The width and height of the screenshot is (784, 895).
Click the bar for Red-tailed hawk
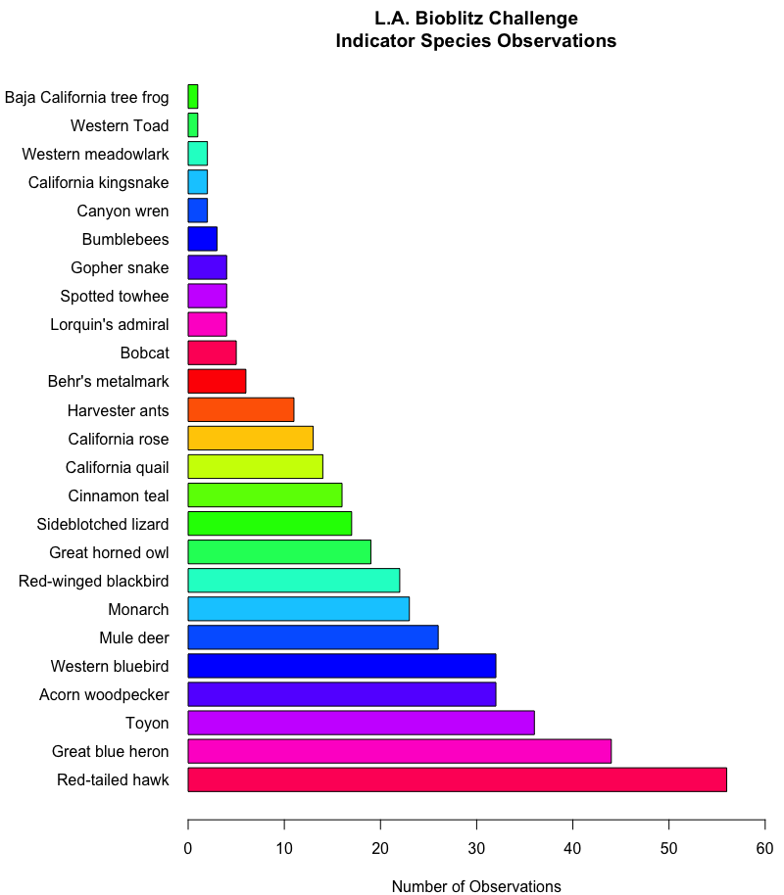click(457, 779)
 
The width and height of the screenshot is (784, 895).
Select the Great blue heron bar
click(399, 751)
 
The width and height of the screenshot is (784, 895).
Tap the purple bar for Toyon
click(361, 723)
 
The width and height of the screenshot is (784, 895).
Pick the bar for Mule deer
click(313, 637)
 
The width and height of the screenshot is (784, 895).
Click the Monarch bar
click(298, 609)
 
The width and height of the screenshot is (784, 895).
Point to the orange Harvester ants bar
click(240, 409)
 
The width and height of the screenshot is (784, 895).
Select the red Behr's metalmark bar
click(217, 381)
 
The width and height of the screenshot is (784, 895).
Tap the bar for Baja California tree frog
click(193, 97)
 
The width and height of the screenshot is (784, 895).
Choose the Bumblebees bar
click(202, 239)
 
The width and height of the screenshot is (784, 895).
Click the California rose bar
click(250, 438)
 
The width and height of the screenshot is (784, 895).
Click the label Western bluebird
click(110, 667)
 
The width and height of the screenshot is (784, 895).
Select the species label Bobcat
click(144, 353)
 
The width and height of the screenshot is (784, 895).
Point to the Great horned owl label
click(109, 552)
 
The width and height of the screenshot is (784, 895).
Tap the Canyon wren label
click(122, 211)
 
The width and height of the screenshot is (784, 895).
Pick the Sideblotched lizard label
click(103, 524)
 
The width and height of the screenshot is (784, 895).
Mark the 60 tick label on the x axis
click(765, 848)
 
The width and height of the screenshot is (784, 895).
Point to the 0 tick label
click(188, 848)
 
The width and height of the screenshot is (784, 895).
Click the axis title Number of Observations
click(476, 886)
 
